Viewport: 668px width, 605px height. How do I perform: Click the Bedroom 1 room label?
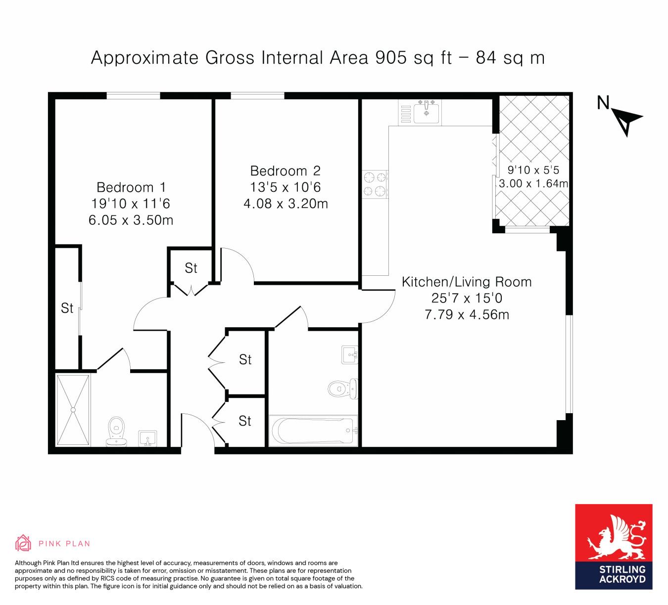131,187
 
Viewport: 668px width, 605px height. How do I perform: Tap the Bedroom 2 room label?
286,171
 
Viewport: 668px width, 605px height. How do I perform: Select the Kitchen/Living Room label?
467,282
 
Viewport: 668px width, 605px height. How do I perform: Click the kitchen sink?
426,113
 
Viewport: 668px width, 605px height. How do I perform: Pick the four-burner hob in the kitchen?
375,184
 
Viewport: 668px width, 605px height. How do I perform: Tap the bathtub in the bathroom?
313,431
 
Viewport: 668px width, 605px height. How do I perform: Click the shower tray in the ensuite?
73,410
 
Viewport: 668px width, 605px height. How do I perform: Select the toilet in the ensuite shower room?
116,432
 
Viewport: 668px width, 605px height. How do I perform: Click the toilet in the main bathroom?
342,389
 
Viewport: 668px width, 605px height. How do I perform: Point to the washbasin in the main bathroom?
350,355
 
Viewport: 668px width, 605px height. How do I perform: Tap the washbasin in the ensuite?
147,438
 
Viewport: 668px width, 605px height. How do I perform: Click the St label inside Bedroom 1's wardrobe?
67,308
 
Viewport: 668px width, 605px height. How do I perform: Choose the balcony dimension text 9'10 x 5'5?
533,170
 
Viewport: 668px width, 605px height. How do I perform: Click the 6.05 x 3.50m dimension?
131,220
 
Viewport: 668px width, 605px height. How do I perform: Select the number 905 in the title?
391,57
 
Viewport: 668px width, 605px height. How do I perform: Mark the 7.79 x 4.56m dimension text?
467,315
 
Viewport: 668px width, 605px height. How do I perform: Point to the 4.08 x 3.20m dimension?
286,204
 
